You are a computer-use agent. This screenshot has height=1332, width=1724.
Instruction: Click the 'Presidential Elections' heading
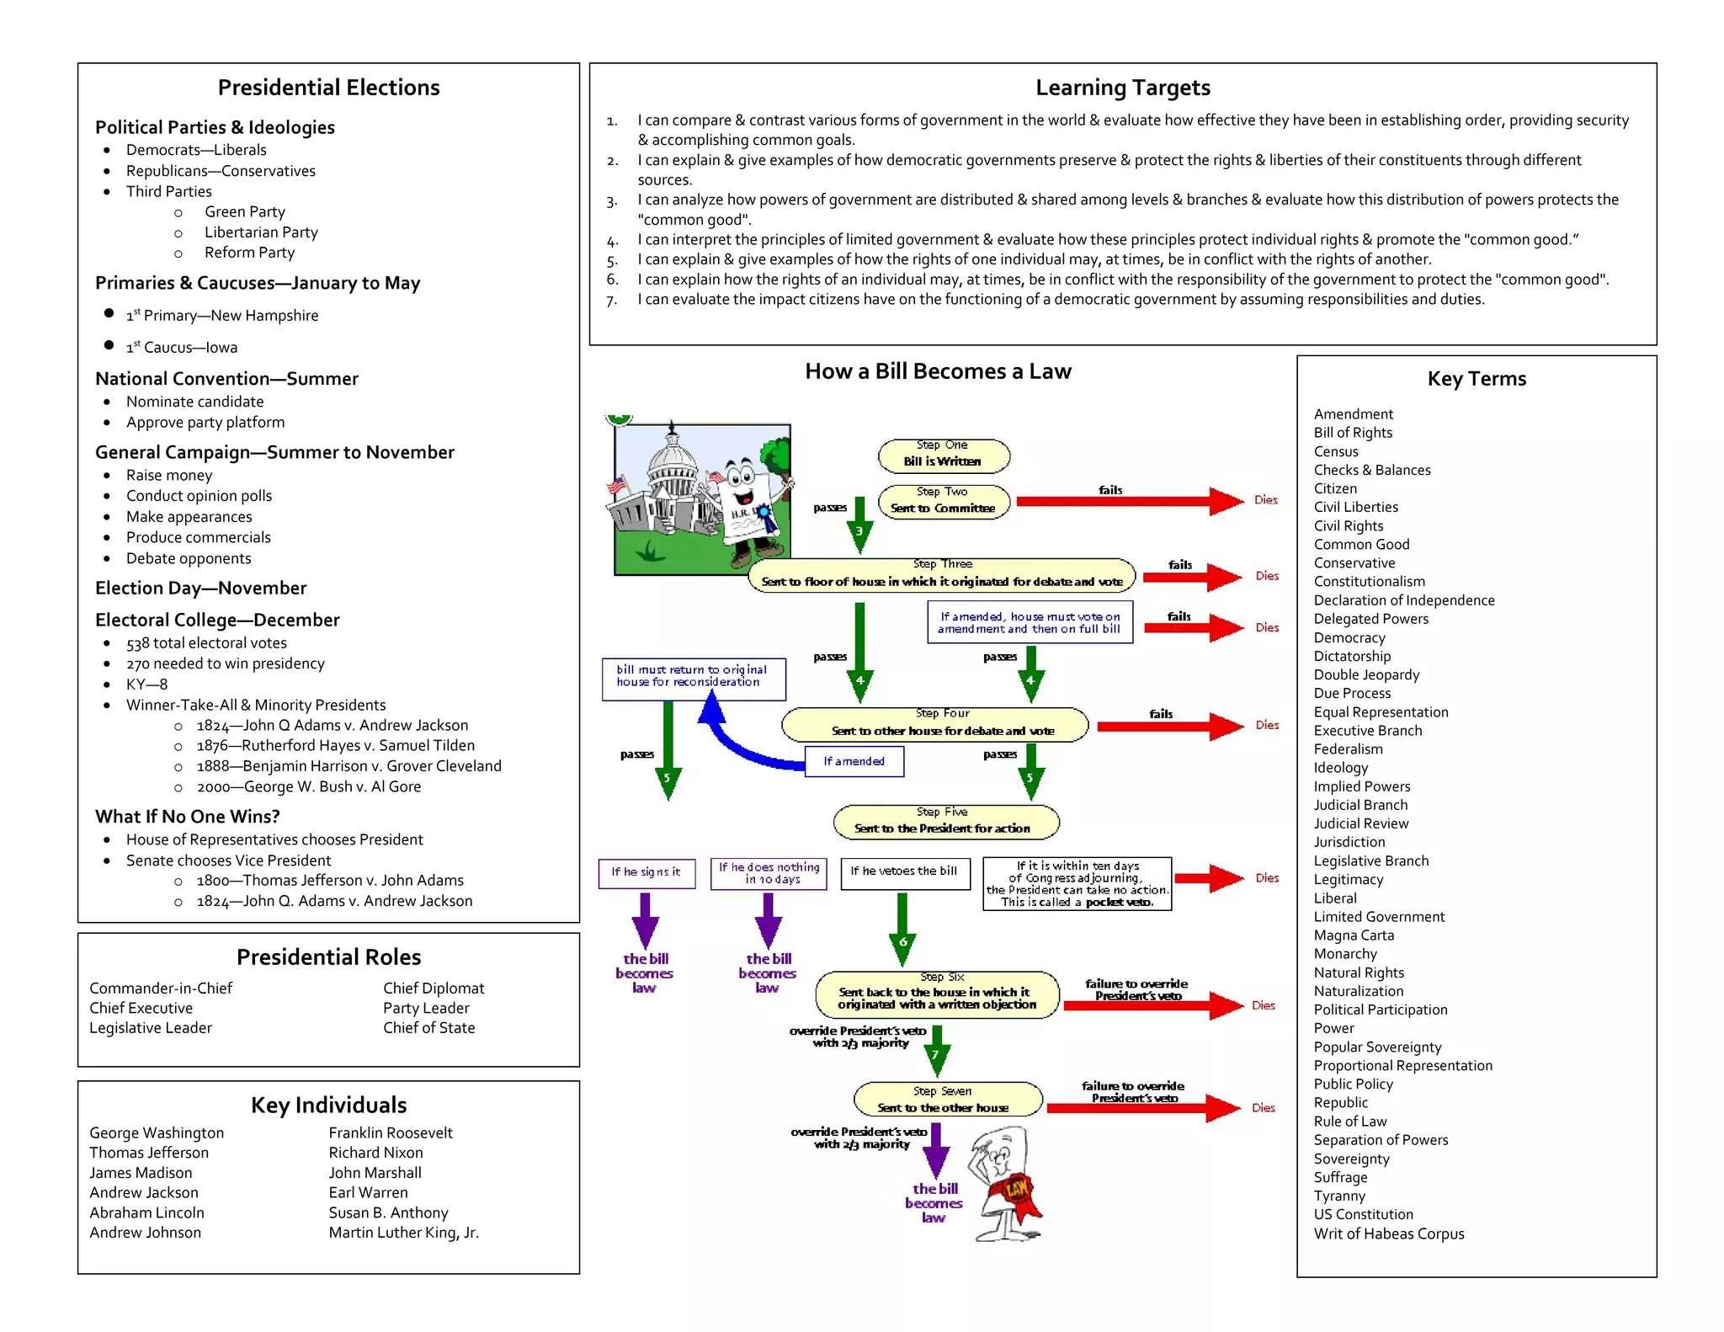click(328, 88)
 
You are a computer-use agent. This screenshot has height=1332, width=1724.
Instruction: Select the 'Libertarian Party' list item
click(261, 232)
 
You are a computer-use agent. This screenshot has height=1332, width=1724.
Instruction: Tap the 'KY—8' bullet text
click(146, 685)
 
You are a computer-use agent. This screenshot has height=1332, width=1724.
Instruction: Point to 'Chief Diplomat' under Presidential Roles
click(434, 988)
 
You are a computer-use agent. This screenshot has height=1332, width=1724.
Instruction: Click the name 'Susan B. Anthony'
click(388, 1212)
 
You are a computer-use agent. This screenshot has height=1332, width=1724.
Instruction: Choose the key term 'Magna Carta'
click(1354, 935)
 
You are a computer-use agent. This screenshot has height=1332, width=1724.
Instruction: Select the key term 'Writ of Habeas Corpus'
click(1389, 1233)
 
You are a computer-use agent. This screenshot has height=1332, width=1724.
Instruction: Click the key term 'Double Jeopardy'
click(1366, 674)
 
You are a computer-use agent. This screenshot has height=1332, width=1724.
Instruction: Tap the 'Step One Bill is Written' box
click(943, 455)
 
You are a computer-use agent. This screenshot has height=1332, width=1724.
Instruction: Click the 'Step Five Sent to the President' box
click(945, 822)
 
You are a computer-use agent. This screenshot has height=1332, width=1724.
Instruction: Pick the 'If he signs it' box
click(646, 872)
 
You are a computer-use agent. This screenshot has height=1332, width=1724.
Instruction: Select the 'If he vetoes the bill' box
click(905, 872)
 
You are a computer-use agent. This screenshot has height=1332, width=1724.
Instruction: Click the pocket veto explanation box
click(1077, 884)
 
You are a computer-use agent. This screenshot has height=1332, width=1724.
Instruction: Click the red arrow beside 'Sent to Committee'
click(1128, 502)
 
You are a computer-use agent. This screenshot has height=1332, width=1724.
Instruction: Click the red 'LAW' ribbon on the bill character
click(1017, 1189)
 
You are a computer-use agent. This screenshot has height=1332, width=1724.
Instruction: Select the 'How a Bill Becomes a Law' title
click(938, 371)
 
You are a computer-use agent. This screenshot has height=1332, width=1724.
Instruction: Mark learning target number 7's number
click(612, 301)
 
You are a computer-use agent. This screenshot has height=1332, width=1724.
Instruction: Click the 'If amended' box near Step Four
click(854, 761)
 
